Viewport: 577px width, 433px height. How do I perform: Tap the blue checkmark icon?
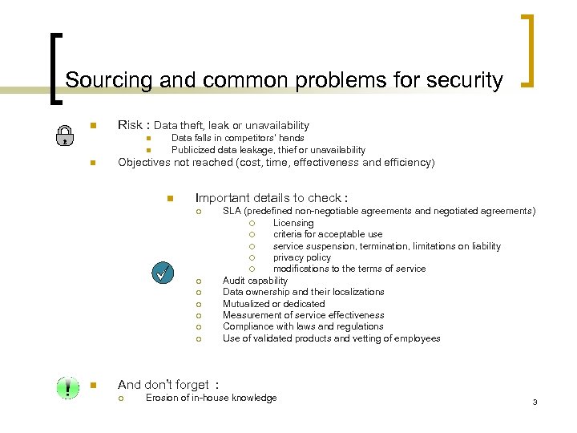163,273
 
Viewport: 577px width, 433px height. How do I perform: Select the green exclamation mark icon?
67,388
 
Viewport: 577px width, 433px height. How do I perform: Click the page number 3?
534,401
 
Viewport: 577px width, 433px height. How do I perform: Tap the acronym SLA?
232,211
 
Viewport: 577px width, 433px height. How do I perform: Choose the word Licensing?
293,223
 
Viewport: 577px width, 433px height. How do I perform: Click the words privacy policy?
301,257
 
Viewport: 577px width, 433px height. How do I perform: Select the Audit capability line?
255,281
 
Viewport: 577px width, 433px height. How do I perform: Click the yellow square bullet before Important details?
170,198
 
